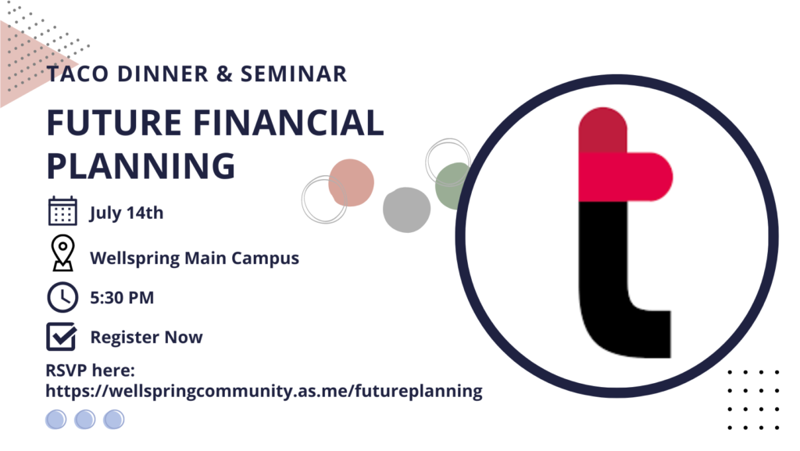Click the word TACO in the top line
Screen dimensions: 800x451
coord(77,74)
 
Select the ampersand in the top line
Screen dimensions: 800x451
coord(224,74)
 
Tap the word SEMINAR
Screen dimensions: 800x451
coord(294,74)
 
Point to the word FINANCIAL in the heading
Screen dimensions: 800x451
coord(289,123)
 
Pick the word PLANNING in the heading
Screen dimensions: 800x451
coord(141,166)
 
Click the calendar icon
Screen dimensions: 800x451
coord(62,211)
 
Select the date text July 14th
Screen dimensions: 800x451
coord(127,213)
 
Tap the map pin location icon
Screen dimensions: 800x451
coord(62,252)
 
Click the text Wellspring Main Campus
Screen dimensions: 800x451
coord(195,258)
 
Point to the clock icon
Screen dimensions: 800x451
coord(62,297)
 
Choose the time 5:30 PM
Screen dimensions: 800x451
coord(122,298)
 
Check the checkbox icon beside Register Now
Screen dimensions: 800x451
coord(62,336)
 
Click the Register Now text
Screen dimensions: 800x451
coord(146,337)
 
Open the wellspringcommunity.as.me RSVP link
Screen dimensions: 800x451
coord(264,392)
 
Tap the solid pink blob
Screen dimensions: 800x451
coord(351,183)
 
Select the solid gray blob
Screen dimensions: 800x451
coord(406,209)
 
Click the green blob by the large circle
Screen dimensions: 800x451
coord(451,186)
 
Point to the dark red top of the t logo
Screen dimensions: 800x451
coord(602,130)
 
